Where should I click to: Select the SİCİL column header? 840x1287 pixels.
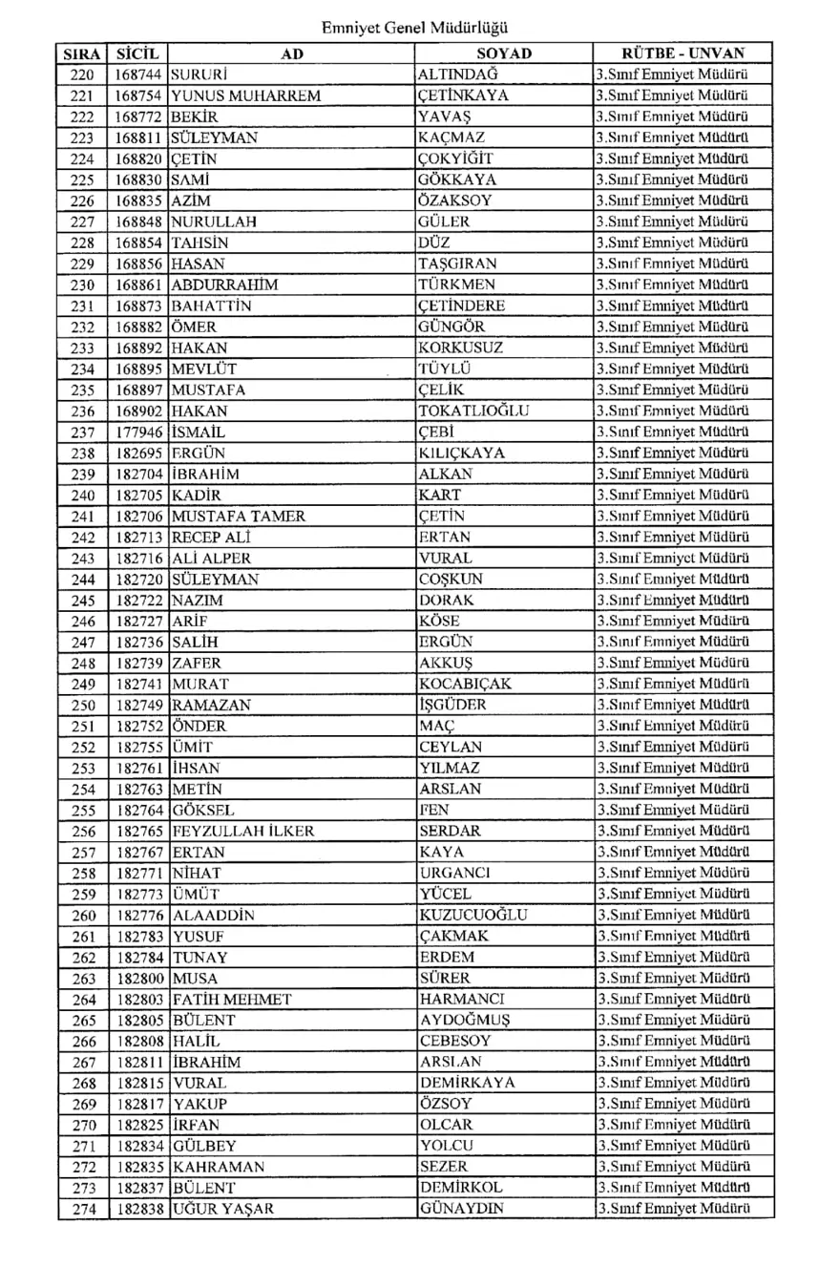click(x=137, y=53)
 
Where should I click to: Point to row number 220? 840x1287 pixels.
click(x=83, y=74)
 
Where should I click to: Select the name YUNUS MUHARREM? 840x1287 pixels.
click(x=245, y=95)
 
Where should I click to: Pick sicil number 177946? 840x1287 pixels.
click(x=139, y=432)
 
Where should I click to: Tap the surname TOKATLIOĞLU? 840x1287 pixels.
click(x=474, y=411)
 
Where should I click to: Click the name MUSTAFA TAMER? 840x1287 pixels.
click(x=239, y=516)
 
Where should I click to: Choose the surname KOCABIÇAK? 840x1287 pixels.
click(x=465, y=684)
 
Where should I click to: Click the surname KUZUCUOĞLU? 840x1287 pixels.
click(x=473, y=915)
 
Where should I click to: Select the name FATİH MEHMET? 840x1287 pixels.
click(x=232, y=999)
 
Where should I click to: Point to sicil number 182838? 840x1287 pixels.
click(x=139, y=1209)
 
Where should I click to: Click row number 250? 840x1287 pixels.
click(x=83, y=705)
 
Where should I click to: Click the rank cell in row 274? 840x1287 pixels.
click(x=670, y=1209)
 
